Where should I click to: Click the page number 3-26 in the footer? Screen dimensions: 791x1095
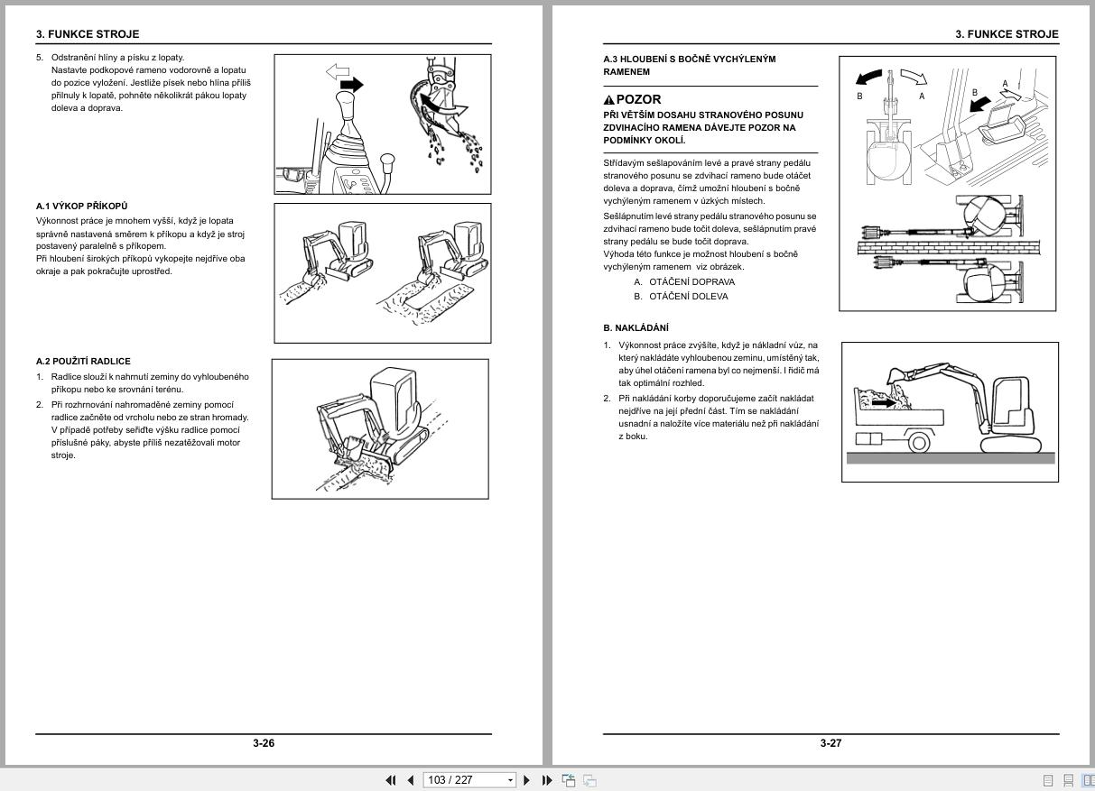tap(264, 743)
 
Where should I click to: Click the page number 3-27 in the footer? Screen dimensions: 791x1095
tap(831, 743)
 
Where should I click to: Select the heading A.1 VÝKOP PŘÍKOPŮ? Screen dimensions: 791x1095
tap(82, 207)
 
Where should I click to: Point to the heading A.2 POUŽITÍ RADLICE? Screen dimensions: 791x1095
tap(83, 362)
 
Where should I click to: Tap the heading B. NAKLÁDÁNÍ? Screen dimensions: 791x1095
tap(636, 327)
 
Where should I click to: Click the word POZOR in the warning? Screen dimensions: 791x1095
tap(638, 99)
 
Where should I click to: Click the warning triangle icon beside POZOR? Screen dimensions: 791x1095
tap(609, 100)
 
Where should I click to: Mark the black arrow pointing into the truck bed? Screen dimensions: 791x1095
tap(886, 403)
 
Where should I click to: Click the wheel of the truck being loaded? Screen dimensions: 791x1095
tap(919, 442)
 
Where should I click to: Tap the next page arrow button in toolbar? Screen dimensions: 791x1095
tap(527, 780)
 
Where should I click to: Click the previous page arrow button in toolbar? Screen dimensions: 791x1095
tap(411, 780)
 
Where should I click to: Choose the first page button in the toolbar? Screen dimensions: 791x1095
tap(391, 780)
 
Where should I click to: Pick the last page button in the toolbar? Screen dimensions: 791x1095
tap(547, 780)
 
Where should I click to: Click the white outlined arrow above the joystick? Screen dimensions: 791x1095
tap(337, 70)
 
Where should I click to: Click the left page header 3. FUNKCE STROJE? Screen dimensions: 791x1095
tap(88, 34)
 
